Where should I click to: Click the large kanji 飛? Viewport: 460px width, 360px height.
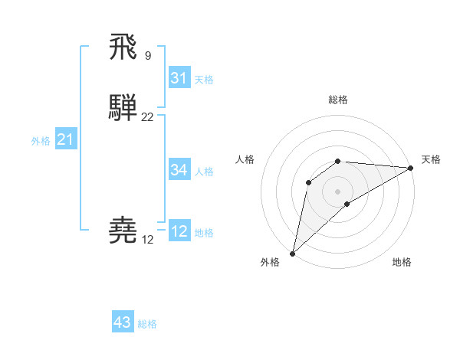pos(123,47)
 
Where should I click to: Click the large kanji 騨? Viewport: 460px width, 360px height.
pos(123,108)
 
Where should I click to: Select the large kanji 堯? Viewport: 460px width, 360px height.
pos(123,230)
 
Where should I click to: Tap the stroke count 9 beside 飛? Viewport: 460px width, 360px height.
pos(147,55)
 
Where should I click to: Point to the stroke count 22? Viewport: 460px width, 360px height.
pos(147,117)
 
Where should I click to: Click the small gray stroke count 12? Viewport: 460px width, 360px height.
pos(147,240)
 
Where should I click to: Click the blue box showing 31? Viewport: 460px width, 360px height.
pos(179,78)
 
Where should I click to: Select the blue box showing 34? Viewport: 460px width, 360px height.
pos(179,169)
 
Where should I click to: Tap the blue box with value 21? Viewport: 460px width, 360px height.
pos(65,139)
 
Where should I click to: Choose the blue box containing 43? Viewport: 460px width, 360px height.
pos(123,322)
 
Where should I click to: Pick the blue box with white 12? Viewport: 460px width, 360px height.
pos(179,231)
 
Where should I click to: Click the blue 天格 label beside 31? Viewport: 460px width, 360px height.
pos(204,80)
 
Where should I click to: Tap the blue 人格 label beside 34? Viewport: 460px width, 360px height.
pos(204,171)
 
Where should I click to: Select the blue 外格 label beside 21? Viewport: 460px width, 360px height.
pos(41,141)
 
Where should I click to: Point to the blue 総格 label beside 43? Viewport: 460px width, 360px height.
pos(147,324)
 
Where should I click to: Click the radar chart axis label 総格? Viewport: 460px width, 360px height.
pos(337,100)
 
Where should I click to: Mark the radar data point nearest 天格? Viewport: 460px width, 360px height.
pos(411,168)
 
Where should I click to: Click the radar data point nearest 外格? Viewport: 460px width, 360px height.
pos(292,253)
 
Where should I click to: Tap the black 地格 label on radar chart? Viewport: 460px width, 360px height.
pos(402,263)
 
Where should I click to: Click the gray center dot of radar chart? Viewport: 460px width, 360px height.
pos(337,191)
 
